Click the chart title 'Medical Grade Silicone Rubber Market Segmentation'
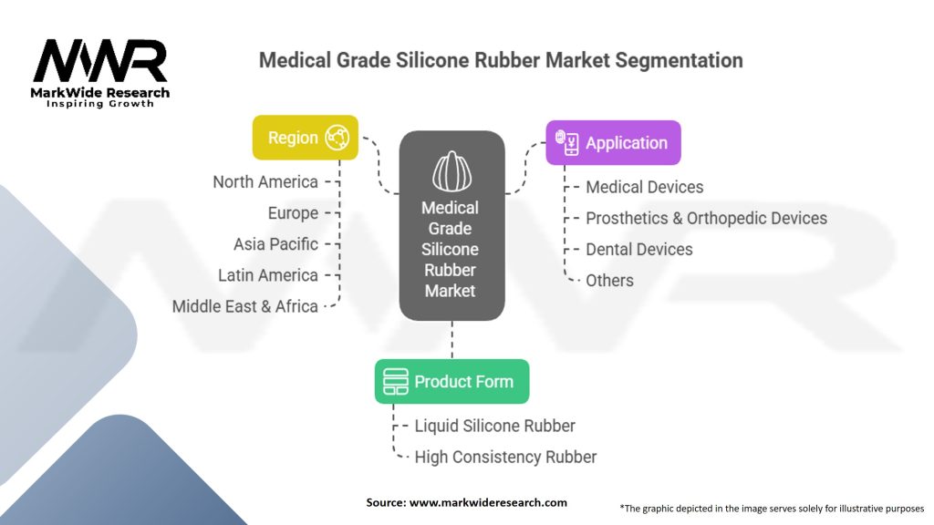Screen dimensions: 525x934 (501, 61)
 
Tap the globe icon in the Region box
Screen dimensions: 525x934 (338, 138)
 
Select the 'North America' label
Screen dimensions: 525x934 (265, 182)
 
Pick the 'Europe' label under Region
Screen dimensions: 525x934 (293, 213)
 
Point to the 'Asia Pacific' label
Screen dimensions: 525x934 (275, 244)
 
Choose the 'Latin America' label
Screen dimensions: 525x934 (268, 275)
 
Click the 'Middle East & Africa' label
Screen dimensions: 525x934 (245, 306)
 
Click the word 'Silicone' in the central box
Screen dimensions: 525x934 (451, 249)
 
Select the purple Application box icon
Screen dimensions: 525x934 (567, 142)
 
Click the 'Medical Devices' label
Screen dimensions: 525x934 (645, 187)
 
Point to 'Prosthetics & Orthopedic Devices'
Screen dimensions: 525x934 (706, 218)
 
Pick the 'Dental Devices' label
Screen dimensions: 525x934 (639, 249)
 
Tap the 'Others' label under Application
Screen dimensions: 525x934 (609, 280)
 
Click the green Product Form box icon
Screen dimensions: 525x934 (395, 382)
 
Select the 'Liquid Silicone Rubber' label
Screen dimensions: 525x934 (495, 426)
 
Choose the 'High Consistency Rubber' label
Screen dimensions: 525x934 (505, 457)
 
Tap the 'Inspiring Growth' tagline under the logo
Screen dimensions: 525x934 (100, 104)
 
